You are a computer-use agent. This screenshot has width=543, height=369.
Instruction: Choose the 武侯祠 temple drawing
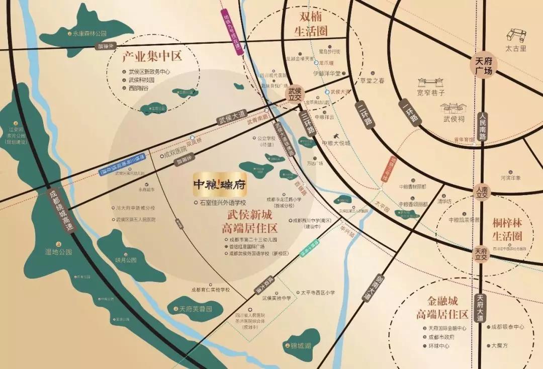454,109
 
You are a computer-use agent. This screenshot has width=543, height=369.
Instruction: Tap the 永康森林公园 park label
90,34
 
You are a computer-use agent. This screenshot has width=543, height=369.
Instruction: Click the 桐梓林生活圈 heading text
507,230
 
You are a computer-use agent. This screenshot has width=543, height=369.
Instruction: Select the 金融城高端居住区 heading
442,308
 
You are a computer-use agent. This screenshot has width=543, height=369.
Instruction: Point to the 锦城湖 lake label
301,346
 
